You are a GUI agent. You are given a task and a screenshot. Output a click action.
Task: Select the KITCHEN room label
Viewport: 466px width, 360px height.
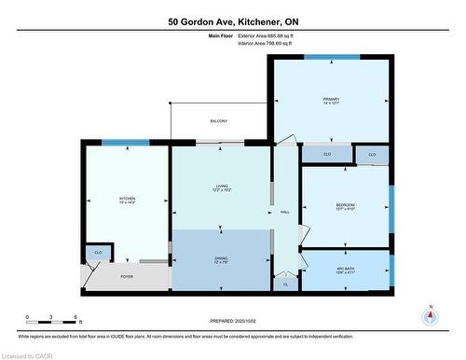point(127,201)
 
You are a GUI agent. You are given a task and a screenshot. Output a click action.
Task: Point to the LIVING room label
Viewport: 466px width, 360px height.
point(221,188)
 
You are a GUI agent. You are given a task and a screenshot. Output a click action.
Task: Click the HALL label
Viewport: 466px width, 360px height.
point(285,212)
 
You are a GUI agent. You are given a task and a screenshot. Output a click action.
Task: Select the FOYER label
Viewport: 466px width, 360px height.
point(128,277)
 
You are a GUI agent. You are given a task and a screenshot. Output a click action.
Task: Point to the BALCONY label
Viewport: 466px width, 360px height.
point(219,121)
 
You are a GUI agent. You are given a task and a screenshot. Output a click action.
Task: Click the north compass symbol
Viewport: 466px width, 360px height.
point(430,316)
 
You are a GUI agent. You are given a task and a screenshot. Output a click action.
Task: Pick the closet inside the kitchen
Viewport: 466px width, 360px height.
point(97,252)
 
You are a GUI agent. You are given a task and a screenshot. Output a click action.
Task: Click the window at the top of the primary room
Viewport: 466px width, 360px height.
point(331,57)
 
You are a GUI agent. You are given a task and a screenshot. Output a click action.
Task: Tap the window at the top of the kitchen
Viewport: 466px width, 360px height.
point(125,143)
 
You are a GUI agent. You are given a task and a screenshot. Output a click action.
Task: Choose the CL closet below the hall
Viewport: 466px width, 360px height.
point(285,284)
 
